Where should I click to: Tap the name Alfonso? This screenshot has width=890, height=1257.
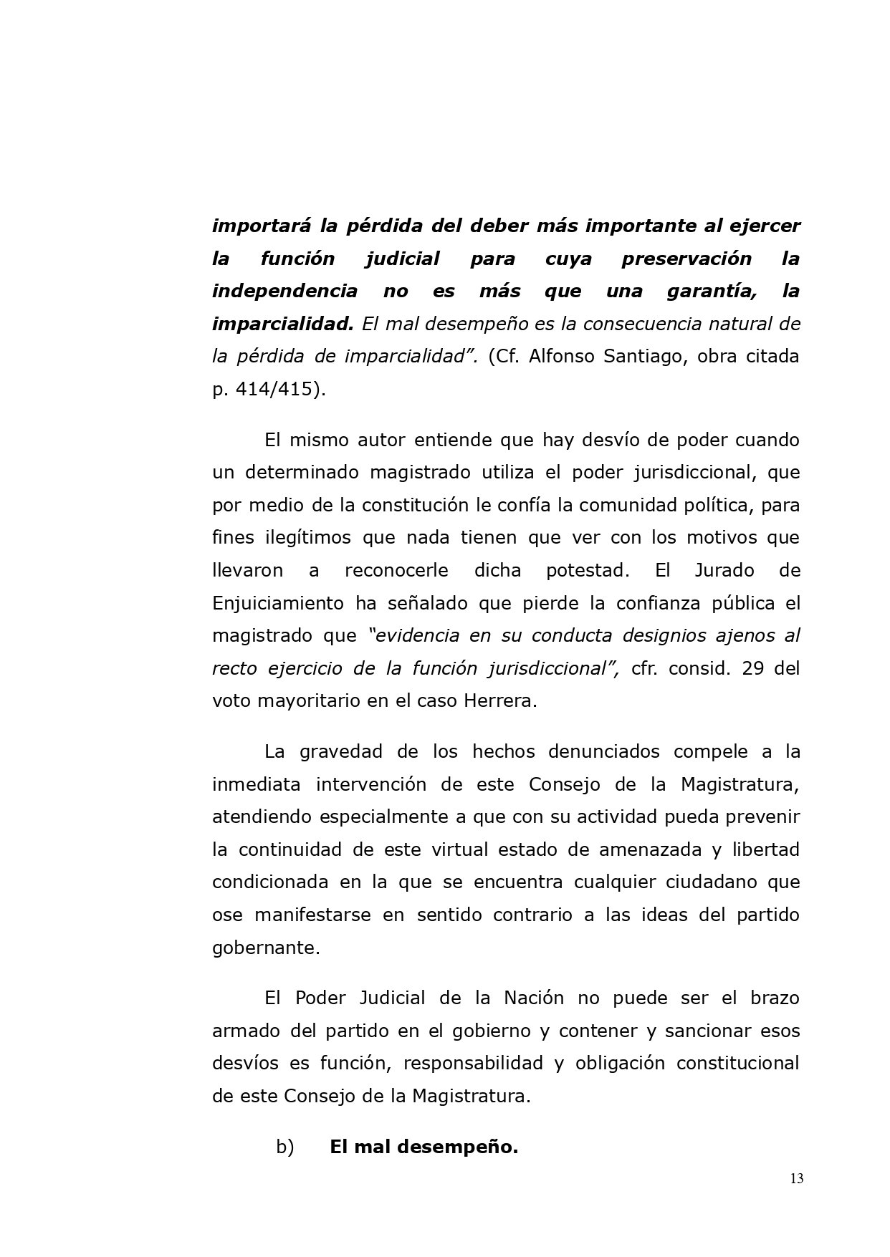tap(563, 357)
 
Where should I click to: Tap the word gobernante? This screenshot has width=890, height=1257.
tap(266, 948)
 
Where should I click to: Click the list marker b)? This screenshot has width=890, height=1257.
tap(285, 1147)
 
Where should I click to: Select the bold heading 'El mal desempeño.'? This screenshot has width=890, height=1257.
tap(424, 1147)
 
